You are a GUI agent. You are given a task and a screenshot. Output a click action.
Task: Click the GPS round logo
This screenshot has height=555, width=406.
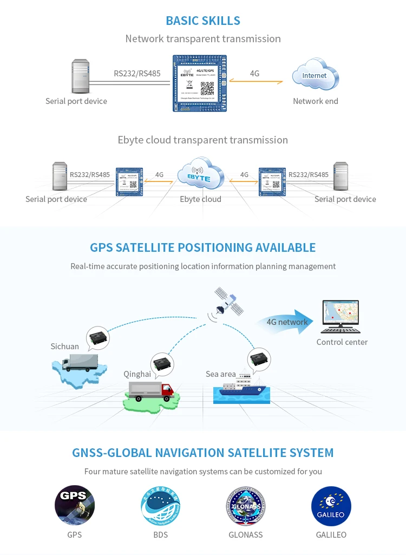point(75,505)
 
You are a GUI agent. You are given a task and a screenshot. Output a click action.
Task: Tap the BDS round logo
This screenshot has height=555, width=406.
point(160,506)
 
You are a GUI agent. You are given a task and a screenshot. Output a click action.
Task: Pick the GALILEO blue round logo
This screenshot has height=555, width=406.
point(331,506)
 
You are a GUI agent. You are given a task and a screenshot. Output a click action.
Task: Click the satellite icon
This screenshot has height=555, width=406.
point(228,302)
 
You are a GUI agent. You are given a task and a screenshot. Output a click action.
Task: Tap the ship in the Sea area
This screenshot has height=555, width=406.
point(241,387)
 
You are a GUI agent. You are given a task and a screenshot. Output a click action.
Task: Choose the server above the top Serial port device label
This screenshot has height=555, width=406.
point(81,77)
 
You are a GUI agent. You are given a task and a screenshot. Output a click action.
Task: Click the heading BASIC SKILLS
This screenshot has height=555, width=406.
point(203,21)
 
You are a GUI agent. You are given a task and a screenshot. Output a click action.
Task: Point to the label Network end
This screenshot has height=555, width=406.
point(316,101)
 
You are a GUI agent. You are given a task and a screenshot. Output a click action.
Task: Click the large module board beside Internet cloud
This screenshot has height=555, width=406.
point(200,83)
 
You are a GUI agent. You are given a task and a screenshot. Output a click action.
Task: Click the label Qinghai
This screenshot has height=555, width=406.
point(137,374)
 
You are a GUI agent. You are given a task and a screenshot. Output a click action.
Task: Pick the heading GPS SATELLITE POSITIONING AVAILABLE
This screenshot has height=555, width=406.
point(203,248)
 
